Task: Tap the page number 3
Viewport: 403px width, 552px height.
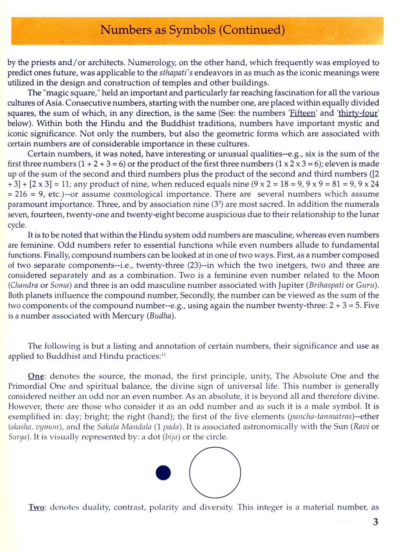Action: [375, 522]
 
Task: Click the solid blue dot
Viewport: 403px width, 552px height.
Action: [163, 472]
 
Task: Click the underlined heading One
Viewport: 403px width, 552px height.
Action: [36, 376]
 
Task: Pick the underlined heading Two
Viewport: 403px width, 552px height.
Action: [36, 508]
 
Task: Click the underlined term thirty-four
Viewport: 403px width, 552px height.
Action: [358, 113]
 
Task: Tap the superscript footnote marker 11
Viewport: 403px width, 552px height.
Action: [163, 355]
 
